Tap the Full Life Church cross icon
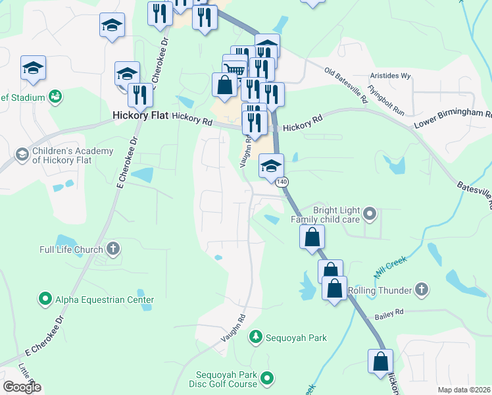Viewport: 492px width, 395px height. point(113,249)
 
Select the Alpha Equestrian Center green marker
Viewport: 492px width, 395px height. point(45,299)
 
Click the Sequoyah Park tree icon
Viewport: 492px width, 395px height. point(255,337)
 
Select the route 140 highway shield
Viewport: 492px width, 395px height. point(282,181)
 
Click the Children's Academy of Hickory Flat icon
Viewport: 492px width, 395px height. point(22,155)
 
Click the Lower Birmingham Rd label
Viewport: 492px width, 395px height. point(453,118)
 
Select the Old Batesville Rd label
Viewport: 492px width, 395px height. point(346,85)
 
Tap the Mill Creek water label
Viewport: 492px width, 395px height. point(393,265)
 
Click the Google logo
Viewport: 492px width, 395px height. point(22,387)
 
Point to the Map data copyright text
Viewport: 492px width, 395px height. point(464,390)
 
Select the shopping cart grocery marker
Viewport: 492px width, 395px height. point(234,68)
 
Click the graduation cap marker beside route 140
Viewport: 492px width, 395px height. point(271,166)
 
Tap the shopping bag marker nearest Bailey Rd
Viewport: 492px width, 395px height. point(334,288)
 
